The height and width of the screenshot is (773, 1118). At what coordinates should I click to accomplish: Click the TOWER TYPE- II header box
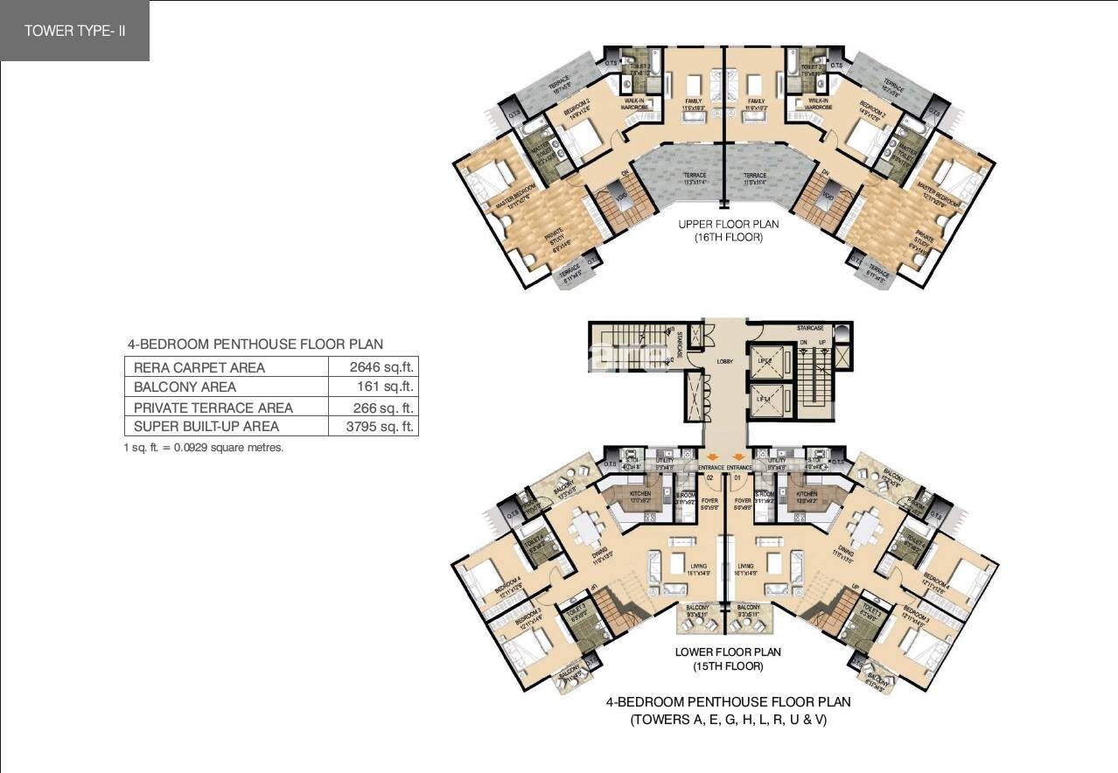click(x=74, y=31)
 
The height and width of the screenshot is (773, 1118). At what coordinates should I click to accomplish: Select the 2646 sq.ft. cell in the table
click(x=372, y=367)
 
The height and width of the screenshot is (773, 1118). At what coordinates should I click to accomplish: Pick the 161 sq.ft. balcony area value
click(x=372, y=386)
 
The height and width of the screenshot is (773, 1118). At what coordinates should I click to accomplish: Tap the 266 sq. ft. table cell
click(x=372, y=407)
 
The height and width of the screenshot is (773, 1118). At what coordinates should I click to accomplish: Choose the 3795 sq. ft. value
click(x=372, y=427)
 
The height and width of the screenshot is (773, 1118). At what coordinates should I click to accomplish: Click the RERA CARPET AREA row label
click(x=199, y=367)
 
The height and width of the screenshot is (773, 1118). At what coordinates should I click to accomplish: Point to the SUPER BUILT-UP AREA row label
click(x=206, y=427)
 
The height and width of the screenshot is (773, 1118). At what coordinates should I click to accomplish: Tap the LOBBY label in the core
click(x=724, y=360)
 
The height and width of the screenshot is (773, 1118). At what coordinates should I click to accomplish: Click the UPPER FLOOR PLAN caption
click(x=728, y=224)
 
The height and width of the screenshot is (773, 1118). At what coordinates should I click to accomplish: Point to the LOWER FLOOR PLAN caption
click(x=728, y=652)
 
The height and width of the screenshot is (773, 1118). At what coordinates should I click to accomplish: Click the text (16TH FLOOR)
click(x=728, y=237)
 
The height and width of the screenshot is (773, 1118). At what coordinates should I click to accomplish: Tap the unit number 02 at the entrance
click(x=710, y=478)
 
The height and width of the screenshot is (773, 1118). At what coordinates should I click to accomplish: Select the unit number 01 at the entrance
click(x=737, y=478)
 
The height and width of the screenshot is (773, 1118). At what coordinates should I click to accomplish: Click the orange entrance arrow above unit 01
click(x=738, y=456)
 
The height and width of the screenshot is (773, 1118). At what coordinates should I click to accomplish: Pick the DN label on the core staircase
click(x=803, y=343)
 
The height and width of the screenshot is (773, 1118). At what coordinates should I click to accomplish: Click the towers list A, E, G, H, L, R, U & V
click(x=728, y=721)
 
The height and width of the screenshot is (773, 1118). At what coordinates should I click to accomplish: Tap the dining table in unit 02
click(x=584, y=528)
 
